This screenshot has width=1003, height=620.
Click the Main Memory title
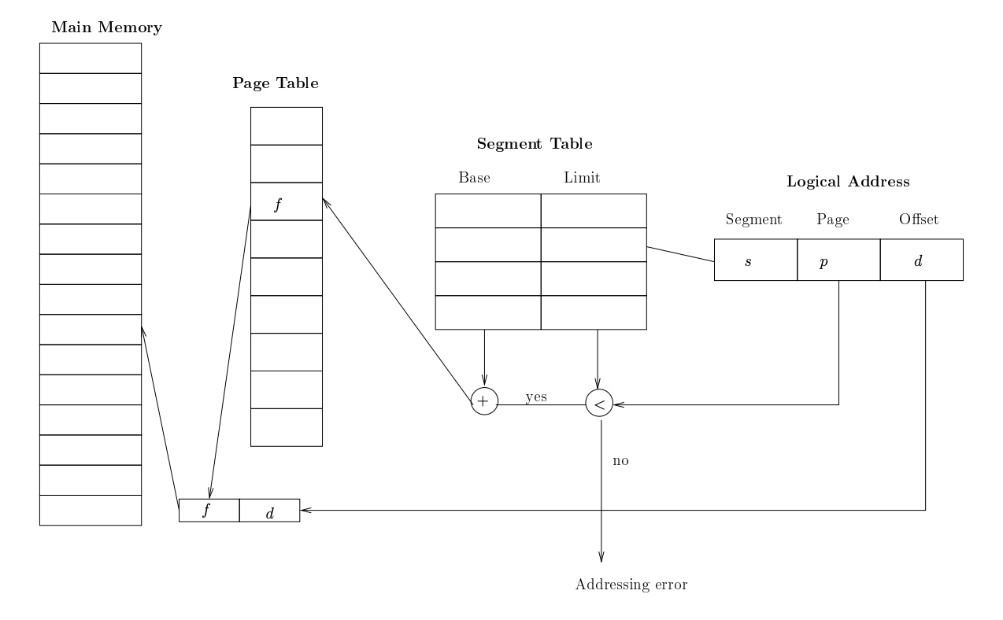click(x=106, y=28)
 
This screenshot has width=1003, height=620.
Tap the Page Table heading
click(x=276, y=83)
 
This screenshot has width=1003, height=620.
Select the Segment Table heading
click(x=535, y=144)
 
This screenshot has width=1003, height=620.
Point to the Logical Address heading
click(x=848, y=182)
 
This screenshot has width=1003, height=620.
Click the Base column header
click(x=474, y=178)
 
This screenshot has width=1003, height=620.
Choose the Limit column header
click(x=582, y=178)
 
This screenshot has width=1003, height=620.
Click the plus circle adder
click(x=484, y=401)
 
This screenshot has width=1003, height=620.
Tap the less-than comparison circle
click(x=599, y=404)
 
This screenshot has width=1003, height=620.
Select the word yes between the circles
click(x=536, y=397)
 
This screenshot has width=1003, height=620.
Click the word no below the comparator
click(x=620, y=460)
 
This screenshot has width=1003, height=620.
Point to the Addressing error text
click(x=632, y=585)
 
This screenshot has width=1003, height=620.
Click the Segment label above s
click(x=753, y=220)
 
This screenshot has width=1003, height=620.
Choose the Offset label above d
click(x=919, y=220)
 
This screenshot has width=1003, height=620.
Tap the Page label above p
click(x=833, y=220)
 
